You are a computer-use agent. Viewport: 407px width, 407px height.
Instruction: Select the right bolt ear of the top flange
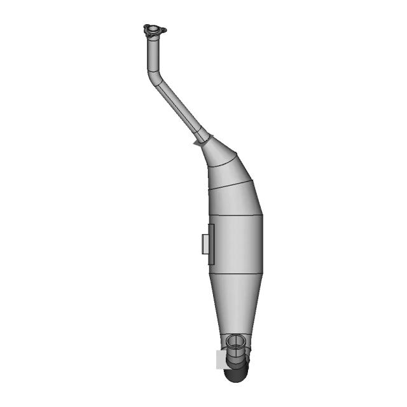tap(163, 30)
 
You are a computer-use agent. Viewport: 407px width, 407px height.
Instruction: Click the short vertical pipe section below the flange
tap(153, 54)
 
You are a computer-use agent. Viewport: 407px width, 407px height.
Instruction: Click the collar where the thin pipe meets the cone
tap(203, 136)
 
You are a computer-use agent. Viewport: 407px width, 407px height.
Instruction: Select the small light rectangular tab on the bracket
tap(204, 244)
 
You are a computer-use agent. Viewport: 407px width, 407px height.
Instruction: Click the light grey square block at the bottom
tap(222, 360)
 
